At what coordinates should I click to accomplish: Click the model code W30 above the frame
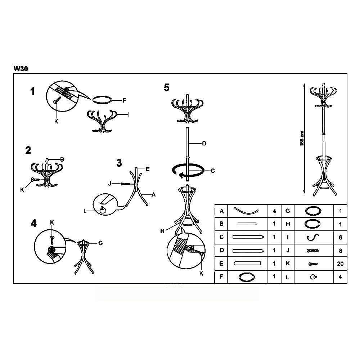(21, 69)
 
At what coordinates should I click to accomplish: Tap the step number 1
(32, 91)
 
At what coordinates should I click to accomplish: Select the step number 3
(119, 163)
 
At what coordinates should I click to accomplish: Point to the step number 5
(167, 87)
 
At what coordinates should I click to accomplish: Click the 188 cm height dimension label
(302, 138)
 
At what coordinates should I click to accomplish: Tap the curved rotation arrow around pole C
(188, 171)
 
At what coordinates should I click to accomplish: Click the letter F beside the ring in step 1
(124, 100)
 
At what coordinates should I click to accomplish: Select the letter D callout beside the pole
(204, 144)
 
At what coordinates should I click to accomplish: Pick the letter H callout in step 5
(162, 231)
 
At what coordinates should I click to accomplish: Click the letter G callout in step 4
(100, 243)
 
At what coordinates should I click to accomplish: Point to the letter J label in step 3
(110, 184)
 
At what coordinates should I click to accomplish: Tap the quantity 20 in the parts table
(340, 264)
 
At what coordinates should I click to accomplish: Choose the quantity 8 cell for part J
(340, 251)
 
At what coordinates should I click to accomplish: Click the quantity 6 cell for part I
(340, 237)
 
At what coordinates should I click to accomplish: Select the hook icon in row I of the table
(313, 237)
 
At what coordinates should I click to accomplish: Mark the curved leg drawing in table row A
(246, 211)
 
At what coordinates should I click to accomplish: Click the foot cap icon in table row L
(313, 277)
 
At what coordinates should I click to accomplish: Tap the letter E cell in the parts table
(221, 264)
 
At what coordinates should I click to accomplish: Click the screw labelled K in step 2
(35, 180)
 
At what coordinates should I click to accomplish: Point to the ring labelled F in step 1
(102, 100)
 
